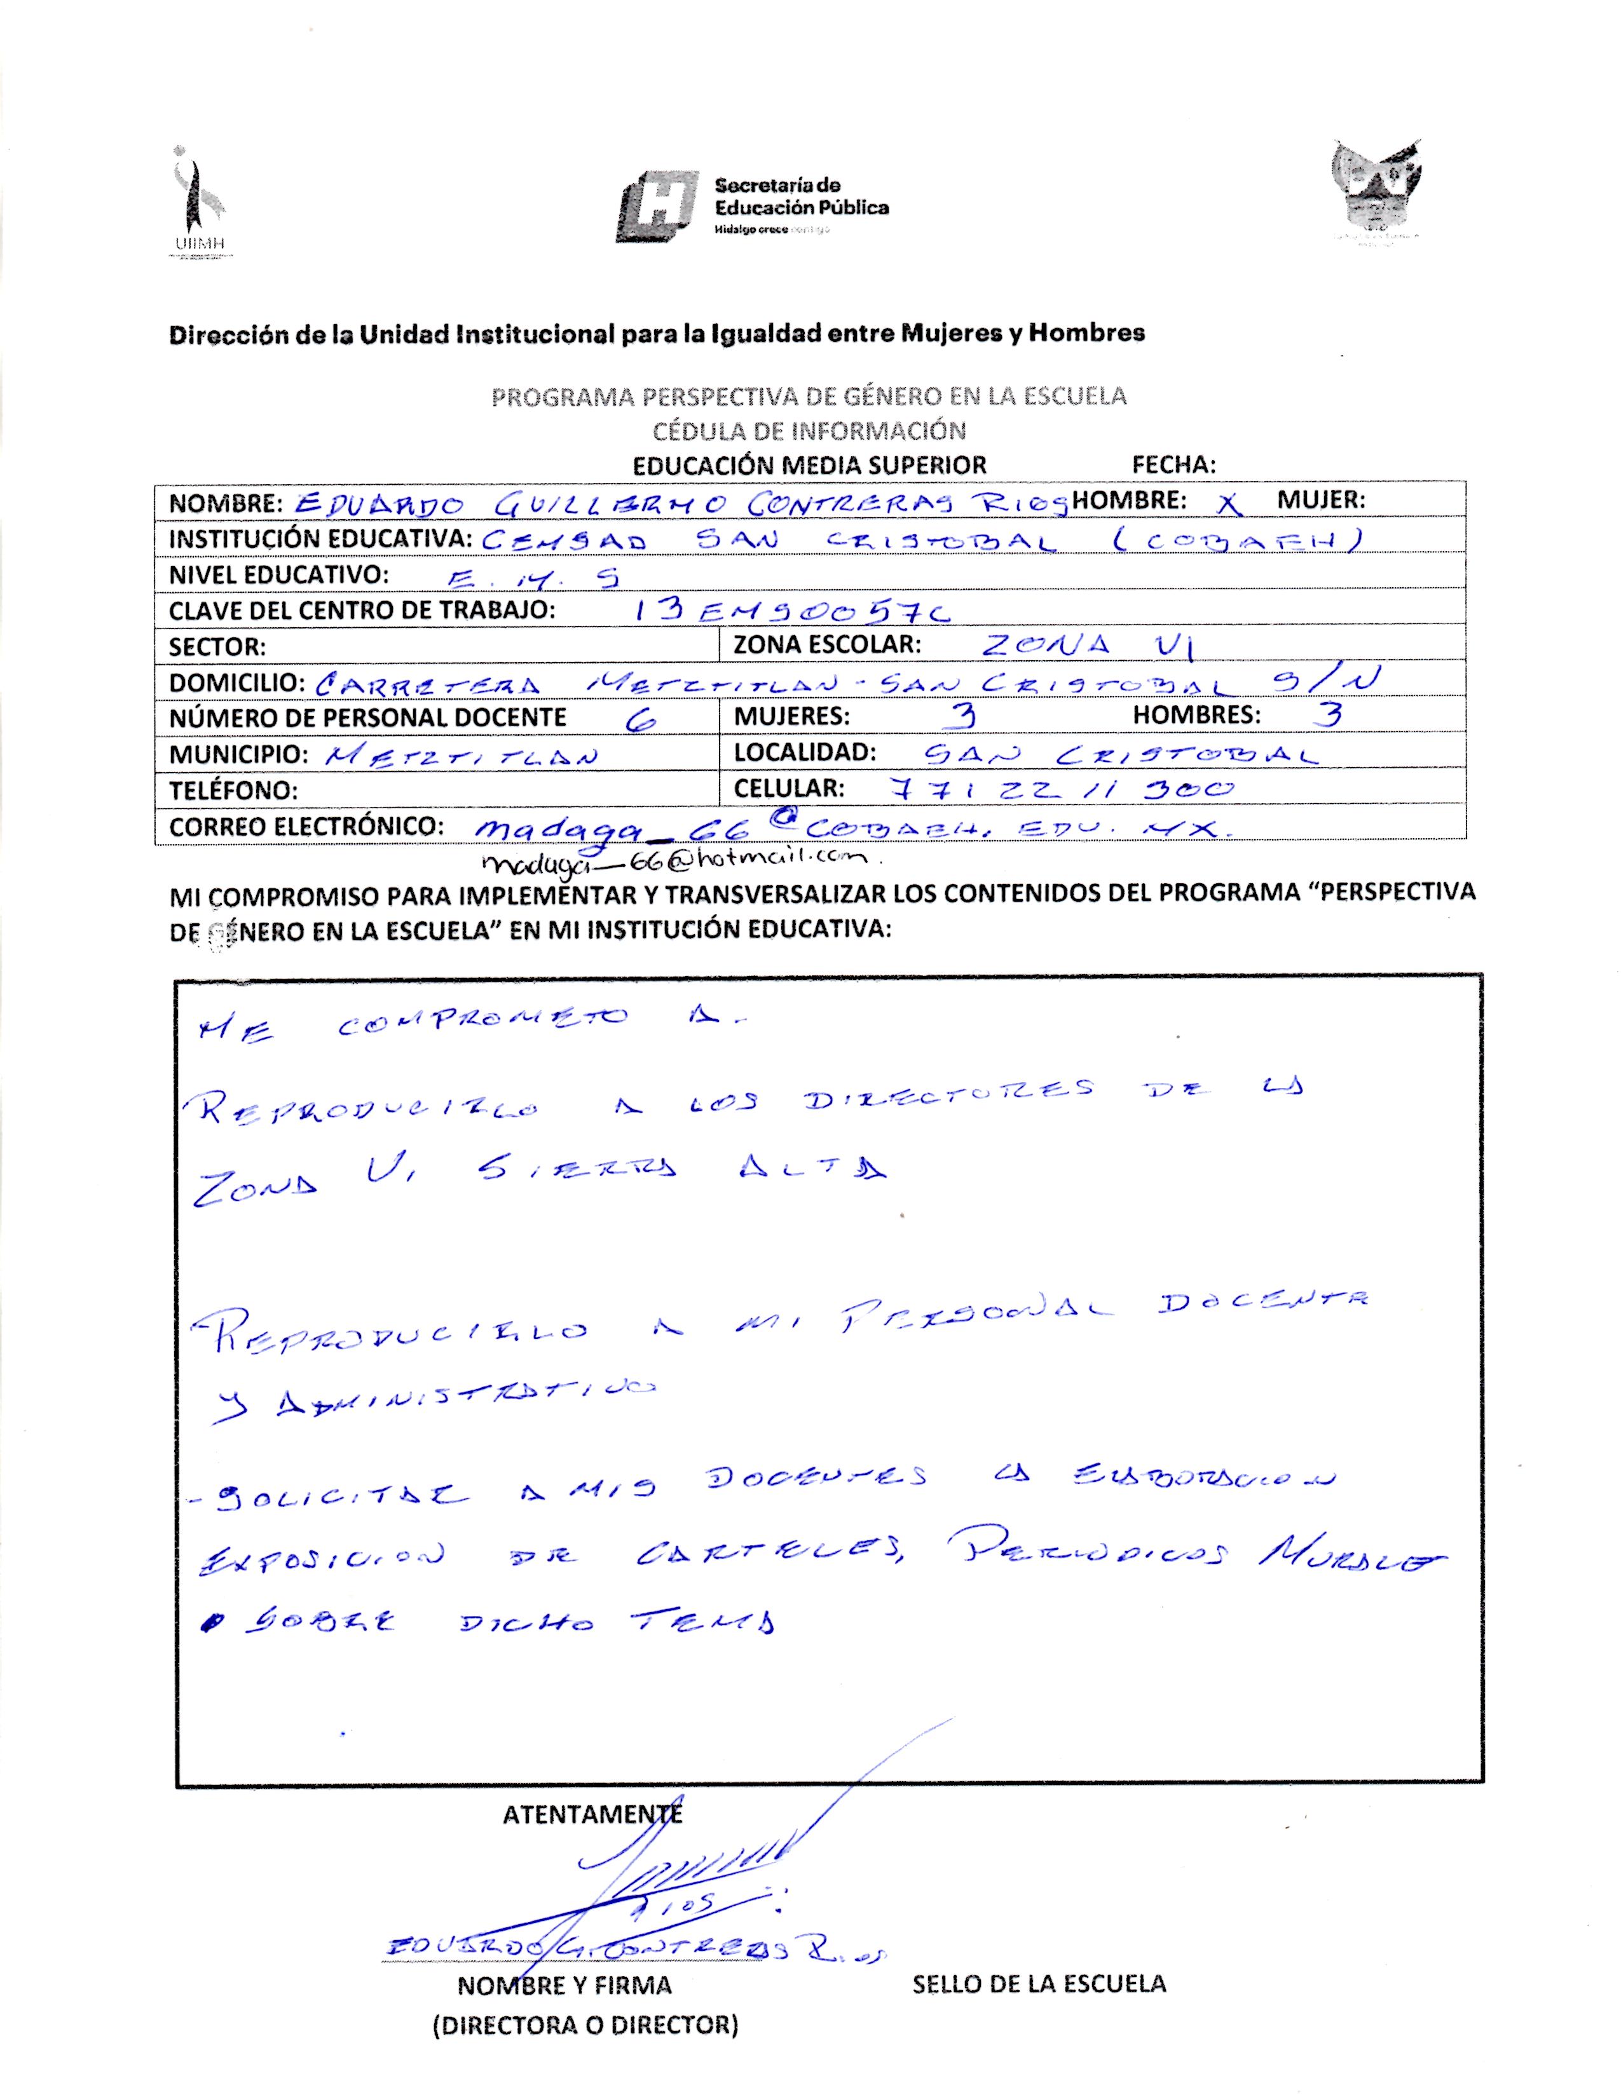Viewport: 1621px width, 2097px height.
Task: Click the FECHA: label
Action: point(1173,465)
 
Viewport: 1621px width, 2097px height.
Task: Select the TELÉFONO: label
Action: point(233,791)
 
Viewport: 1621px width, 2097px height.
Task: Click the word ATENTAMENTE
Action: point(592,1814)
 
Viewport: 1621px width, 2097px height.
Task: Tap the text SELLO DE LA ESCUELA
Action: point(1039,1984)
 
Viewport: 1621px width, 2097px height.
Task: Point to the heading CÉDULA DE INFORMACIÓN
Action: point(809,430)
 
